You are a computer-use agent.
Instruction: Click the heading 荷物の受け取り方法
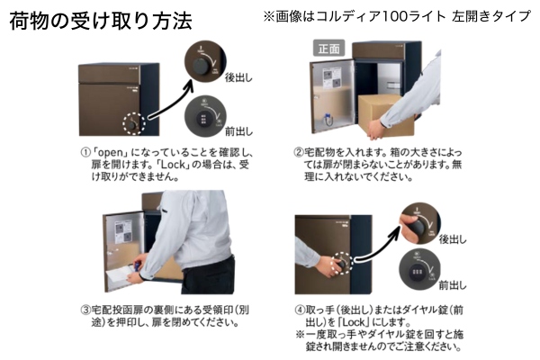tap(101, 21)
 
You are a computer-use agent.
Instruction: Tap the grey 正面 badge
tap(328, 48)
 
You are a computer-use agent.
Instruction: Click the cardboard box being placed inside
tap(387, 114)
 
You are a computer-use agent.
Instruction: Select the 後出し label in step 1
tap(238, 78)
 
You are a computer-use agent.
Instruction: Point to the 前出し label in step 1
tap(238, 131)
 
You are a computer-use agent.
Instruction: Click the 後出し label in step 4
tap(453, 239)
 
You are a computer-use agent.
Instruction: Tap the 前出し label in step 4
tap(453, 285)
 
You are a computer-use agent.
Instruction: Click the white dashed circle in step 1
tap(134, 123)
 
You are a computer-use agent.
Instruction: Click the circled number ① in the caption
tap(85, 153)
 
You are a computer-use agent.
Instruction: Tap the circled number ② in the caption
tap(298, 153)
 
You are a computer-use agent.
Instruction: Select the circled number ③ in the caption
tap(85, 310)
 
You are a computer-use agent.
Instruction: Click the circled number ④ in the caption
tap(300, 310)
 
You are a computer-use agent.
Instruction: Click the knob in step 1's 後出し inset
tap(201, 66)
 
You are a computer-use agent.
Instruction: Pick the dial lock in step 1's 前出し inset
tap(203, 119)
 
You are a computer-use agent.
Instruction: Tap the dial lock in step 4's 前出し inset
tap(416, 274)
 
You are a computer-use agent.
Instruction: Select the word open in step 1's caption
tap(111, 153)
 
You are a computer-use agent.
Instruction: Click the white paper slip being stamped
tap(119, 275)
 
